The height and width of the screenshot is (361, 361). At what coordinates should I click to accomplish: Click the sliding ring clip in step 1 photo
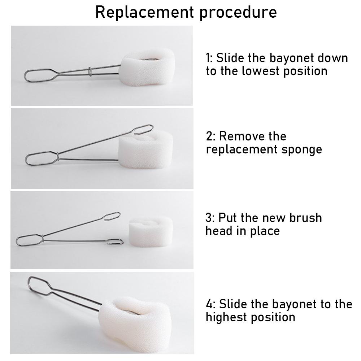pos(90,71)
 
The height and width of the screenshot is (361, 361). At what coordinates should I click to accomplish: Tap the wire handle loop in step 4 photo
pos(39,286)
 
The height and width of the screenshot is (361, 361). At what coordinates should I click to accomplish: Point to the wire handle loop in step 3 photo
pos(30,240)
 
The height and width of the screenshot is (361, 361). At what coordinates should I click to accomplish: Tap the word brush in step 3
pos(305,218)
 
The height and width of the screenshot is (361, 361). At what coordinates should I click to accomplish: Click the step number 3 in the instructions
pos(209,218)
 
